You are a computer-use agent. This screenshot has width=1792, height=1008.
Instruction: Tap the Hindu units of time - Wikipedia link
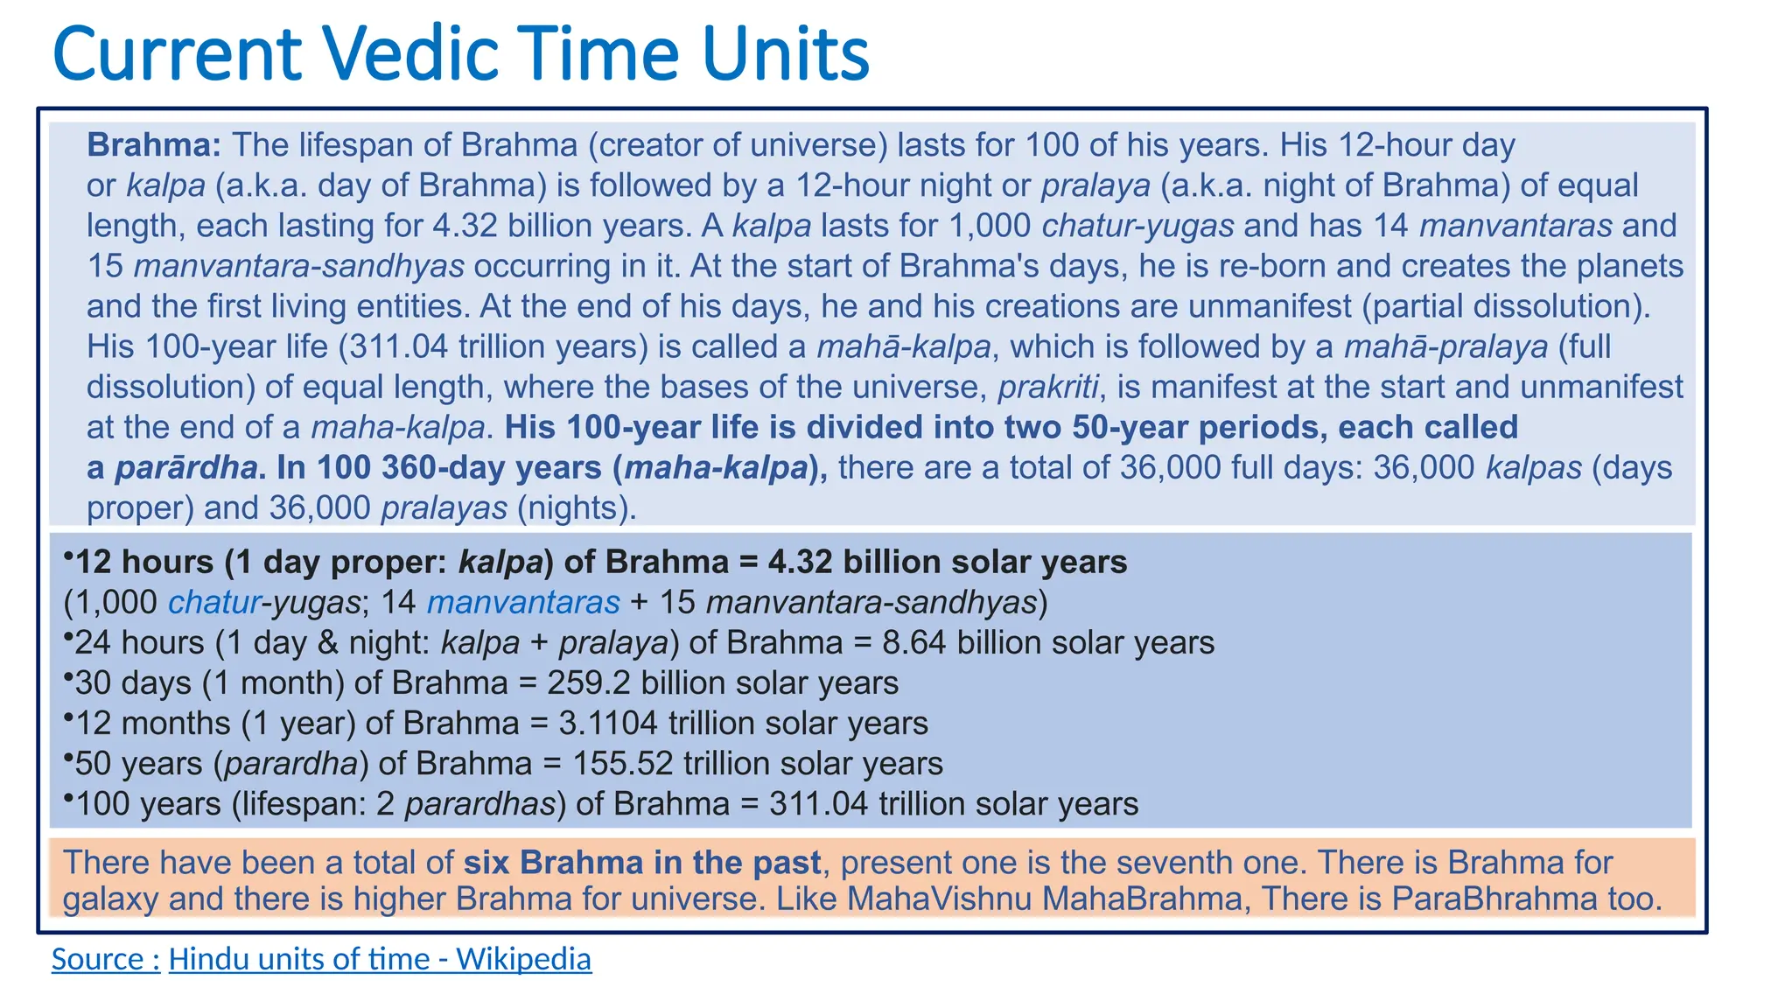pos(380,959)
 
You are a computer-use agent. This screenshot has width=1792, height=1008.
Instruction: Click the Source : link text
pos(106,959)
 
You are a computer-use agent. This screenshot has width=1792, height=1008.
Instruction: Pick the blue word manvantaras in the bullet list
pos(523,603)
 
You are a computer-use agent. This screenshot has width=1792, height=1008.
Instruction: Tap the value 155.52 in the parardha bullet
pos(623,764)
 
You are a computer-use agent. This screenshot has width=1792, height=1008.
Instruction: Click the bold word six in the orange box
pos(486,863)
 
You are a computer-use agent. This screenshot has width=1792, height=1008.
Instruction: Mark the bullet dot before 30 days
pos(68,676)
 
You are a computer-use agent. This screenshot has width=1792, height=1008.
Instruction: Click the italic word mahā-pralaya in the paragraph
pos(1445,347)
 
